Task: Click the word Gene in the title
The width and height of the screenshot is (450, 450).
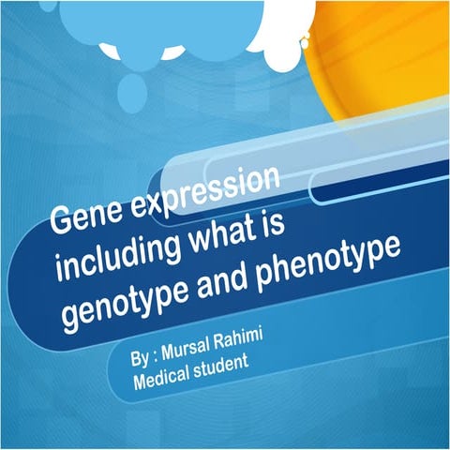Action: point(83,219)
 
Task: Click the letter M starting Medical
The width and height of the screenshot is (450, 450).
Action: point(139,384)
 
